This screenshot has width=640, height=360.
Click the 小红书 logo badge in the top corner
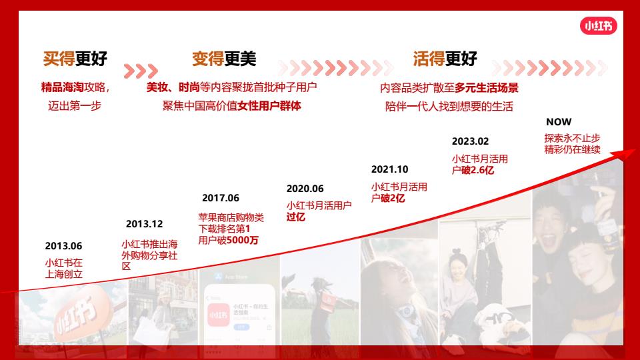[599, 26]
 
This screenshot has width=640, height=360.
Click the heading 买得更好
[75, 59]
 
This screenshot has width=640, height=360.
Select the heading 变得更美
[224, 59]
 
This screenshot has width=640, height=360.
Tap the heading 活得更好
[445, 59]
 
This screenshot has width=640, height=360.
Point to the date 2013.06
[63, 246]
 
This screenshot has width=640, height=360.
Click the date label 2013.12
[144, 224]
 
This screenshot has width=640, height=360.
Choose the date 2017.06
[221, 198]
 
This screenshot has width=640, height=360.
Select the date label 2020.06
[305, 189]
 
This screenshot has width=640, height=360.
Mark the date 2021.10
[389, 169]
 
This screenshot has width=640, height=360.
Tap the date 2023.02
[470, 141]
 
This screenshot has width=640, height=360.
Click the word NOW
[559, 121]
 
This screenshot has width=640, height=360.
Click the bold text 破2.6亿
[477, 170]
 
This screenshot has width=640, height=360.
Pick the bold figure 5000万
[243, 240]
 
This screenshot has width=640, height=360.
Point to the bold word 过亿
[296, 217]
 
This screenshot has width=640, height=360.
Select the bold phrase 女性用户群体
[269, 106]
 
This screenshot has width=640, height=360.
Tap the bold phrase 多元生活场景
[487, 88]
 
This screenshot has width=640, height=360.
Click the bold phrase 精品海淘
[63, 87]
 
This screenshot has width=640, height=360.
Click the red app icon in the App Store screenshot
[219, 315]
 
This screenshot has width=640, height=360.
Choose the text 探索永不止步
[572, 138]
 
